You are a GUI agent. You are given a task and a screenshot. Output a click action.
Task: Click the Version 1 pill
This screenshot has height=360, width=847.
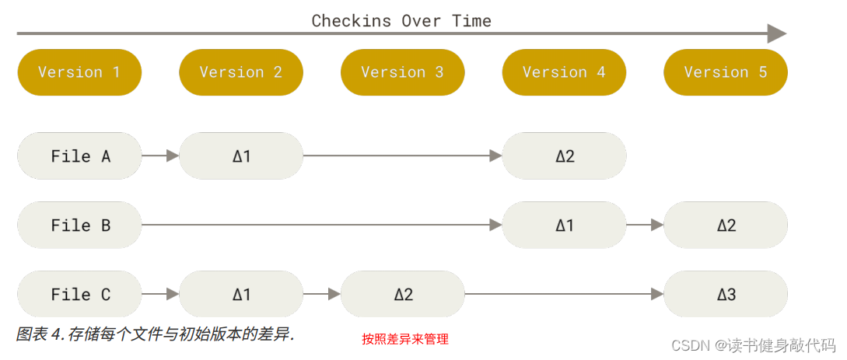tap(79, 72)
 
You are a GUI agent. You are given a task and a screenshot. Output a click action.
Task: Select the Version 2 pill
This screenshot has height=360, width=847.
tap(241, 72)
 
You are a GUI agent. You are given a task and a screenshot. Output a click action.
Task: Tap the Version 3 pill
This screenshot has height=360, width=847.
tap(402, 72)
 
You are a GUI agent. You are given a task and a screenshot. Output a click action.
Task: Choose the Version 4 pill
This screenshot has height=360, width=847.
tap(564, 72)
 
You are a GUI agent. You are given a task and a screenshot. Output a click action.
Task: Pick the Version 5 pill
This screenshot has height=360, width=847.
tap(726, 72)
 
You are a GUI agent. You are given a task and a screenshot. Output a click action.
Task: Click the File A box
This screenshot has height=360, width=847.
tap(79, 156)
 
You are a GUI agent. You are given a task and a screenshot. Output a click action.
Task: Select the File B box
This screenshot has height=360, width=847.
tap(79, 225)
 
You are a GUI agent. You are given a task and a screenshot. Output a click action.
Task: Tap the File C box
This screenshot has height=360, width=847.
tap(79, 295)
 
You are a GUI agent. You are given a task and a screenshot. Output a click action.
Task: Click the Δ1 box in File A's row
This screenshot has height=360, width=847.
tap(241, 156)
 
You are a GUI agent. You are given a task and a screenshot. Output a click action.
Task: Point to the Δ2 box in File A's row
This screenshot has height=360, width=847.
tap(564, 156)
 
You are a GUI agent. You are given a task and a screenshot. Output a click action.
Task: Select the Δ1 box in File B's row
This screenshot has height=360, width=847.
tap(564, 225)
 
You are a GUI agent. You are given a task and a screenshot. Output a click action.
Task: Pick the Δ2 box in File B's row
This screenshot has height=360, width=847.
tap(726, 225)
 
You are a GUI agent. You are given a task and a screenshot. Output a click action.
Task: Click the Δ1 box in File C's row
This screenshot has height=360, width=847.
tap(241, 295)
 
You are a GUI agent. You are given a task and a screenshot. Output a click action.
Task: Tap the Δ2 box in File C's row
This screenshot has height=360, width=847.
tap(402, 295)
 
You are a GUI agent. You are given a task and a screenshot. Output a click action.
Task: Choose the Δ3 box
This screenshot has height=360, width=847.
tap(726, 295)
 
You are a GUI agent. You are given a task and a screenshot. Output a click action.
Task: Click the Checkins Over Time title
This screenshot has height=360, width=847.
tap(401, 21)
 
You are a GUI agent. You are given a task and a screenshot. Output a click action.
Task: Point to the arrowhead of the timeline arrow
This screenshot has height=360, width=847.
tap(777, 33)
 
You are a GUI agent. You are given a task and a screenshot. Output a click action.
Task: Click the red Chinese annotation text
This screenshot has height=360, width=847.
tap(405, 340)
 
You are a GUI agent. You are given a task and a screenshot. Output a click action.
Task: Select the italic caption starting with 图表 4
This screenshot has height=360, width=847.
tap(156, 334)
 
